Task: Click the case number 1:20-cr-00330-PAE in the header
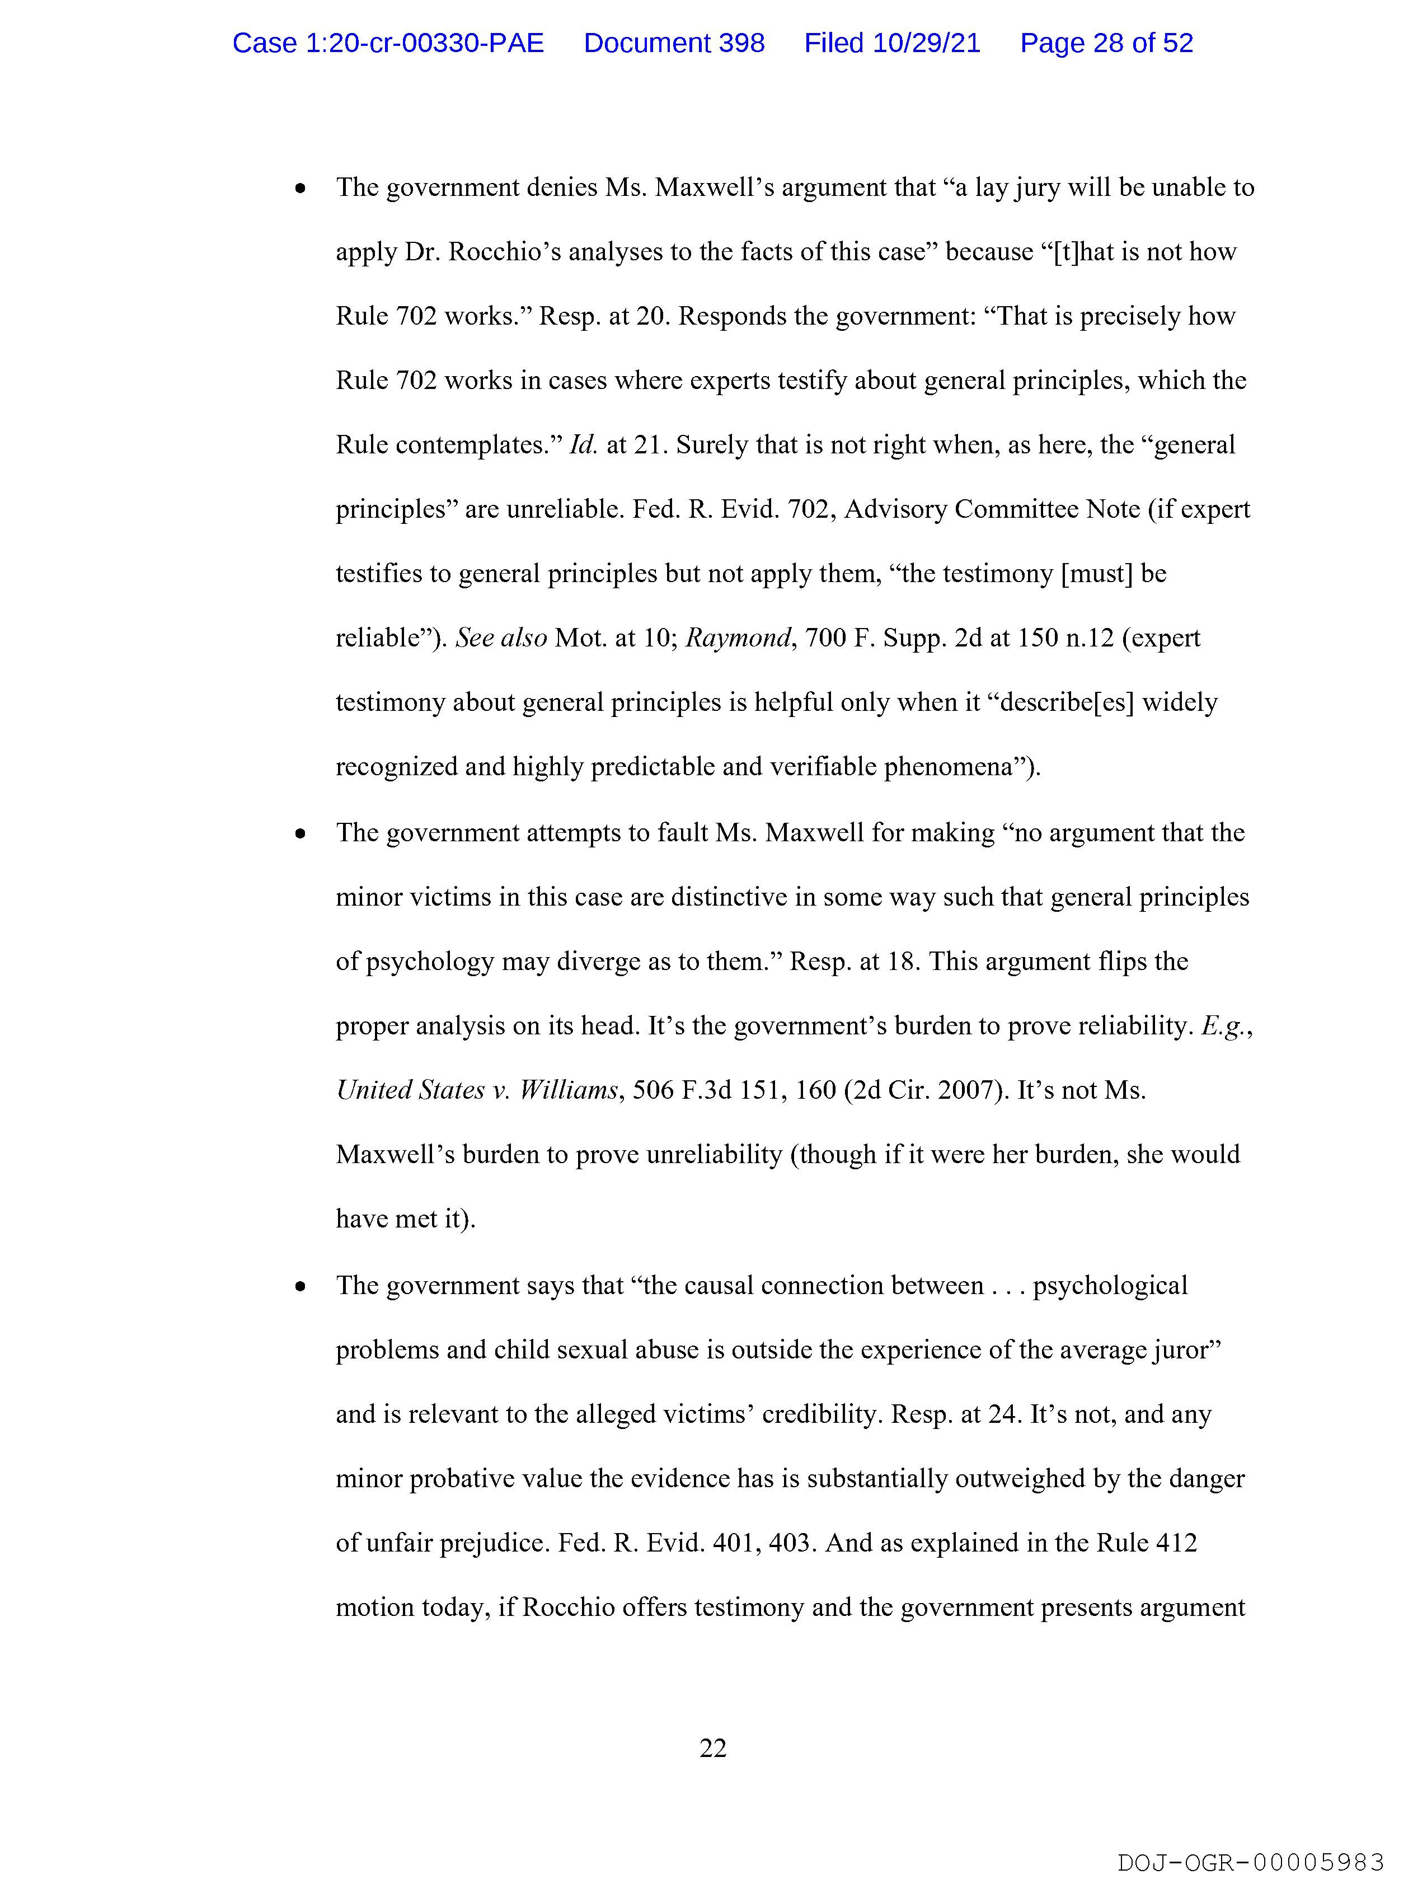388,43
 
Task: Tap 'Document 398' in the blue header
674,43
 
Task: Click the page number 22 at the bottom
712,1748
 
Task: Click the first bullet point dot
300,189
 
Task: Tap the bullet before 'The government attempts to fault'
300,835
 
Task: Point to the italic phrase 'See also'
501,638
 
